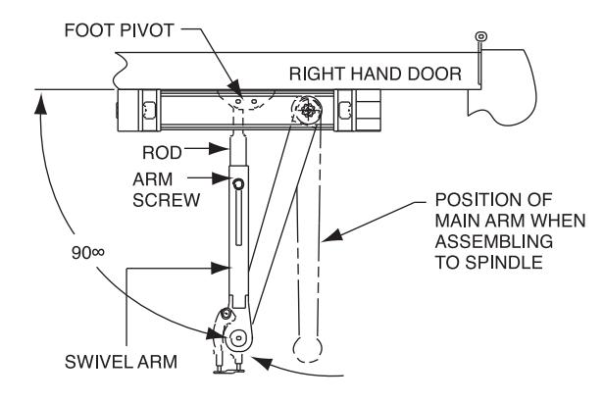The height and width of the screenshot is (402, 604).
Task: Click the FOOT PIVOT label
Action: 120,30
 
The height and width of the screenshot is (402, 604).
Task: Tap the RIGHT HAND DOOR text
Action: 376,74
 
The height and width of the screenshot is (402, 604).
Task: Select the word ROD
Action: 162,153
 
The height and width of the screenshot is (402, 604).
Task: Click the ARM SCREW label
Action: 167,190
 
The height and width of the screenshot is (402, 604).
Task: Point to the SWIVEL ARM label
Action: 121,362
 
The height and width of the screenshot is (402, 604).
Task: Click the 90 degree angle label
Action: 88,253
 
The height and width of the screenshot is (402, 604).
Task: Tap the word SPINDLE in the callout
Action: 503,263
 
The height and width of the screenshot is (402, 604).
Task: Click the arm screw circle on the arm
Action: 238,184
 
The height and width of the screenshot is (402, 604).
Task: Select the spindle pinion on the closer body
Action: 308,111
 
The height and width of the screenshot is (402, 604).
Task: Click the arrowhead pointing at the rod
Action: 218,149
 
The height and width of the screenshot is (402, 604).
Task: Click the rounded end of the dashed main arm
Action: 308,349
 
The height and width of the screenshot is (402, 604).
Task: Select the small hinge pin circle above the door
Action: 481,36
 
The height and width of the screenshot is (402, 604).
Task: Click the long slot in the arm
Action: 238,218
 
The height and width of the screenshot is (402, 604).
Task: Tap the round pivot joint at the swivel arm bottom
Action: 237,338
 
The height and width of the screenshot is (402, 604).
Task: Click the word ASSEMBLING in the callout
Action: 494,242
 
